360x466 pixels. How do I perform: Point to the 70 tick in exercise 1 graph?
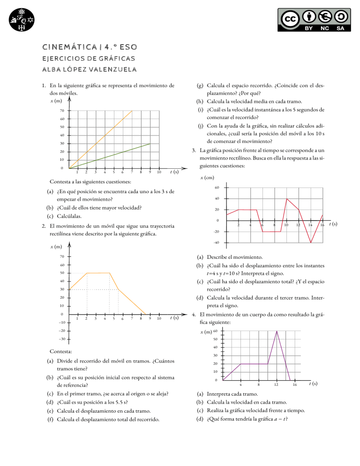pyautogui.click(x=62, y=111)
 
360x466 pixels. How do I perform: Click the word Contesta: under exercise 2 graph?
pyautogui.click(x=62, y=351)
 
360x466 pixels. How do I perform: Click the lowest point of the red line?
pyautogui.click(x=310, y=242)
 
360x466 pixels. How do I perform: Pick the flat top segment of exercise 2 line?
pyautogui.click(x=98, y=273)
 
